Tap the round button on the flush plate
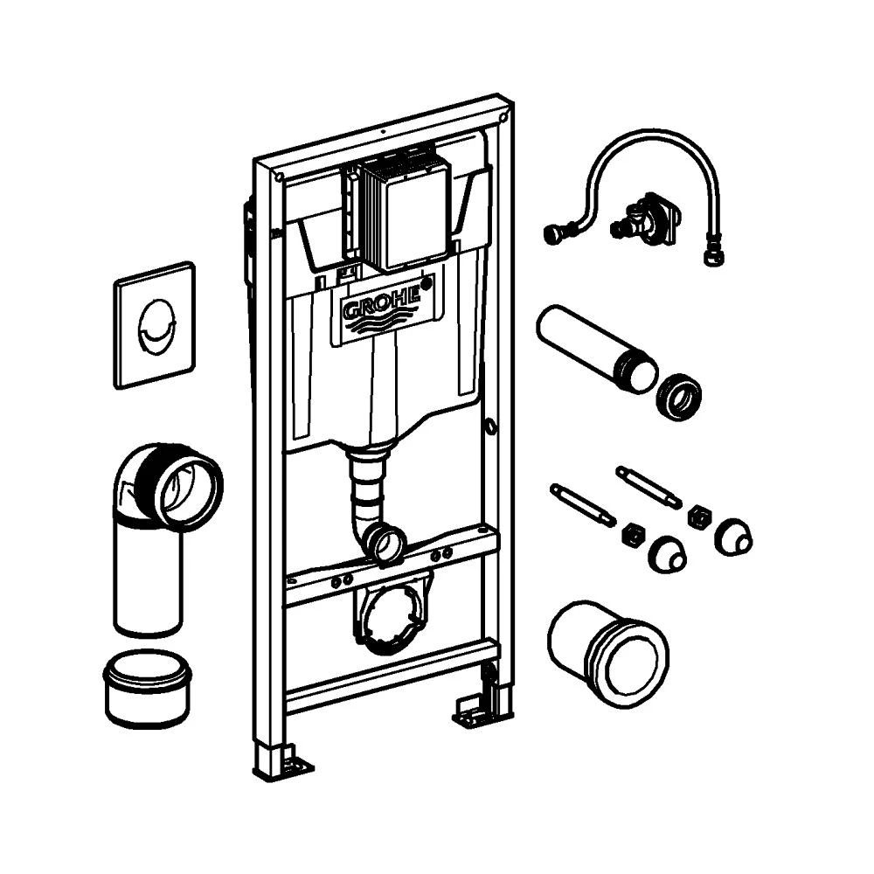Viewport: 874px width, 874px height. pyautogui.click(x=155, y=323)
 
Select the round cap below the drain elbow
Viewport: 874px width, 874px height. pyautogui.click(x=146, y=690)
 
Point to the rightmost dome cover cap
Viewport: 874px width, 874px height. pyautogui.click(x=732, y=534)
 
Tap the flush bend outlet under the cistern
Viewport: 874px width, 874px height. pyautogui.click(x=382, y=543)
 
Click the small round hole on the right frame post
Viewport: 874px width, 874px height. pyautogui.click(x=490, y=427)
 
